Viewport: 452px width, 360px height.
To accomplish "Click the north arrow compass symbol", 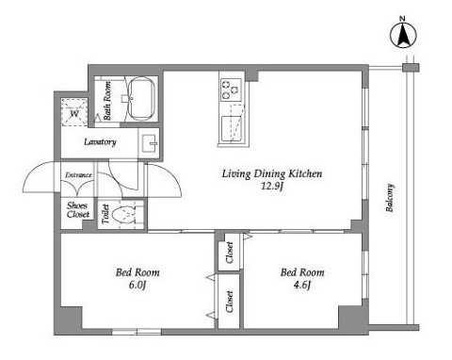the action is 403,35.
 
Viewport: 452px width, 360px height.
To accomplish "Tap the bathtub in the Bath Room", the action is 142,98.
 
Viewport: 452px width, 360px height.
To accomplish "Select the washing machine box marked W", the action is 74,112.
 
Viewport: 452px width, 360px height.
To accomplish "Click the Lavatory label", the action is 100,142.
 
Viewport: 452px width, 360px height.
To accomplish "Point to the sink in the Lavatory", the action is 150,143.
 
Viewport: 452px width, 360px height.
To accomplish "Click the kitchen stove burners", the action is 231,90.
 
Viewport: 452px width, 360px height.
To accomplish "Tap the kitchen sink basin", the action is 233,129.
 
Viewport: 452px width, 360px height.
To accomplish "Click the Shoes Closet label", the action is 78,210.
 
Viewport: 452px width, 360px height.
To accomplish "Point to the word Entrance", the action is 78,175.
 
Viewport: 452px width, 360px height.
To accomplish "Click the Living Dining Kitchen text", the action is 272,173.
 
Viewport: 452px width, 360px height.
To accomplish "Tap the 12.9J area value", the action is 272,187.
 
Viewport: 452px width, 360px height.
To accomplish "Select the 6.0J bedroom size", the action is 137,285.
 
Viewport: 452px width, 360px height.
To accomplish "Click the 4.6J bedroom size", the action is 302,285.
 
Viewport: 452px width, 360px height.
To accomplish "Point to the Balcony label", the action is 390,198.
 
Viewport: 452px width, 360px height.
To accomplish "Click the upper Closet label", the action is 230,253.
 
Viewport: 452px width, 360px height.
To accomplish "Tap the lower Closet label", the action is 230,302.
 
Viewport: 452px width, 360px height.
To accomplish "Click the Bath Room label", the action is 107,101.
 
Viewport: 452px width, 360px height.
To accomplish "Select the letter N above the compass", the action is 402,19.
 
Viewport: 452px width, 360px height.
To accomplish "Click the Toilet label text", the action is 105,214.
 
